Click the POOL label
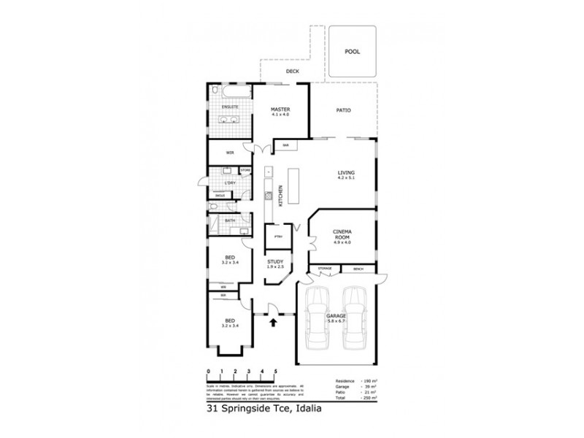(x=353, y=53)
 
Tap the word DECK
(x=292, y=72)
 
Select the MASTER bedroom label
(x=280, y=110)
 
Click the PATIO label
(x=343, y=110)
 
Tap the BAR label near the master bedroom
(x=286, y=146)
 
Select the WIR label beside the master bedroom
(x=230, y=153)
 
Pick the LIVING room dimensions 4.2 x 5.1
(x=345, y=177)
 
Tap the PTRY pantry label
(x=278, y=236)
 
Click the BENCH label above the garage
(x=358, y=269)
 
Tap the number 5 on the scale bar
(x=275, y=372)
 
